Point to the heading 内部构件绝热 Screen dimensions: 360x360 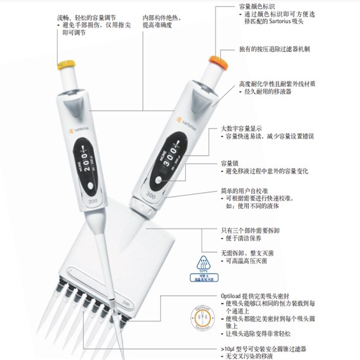161,12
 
